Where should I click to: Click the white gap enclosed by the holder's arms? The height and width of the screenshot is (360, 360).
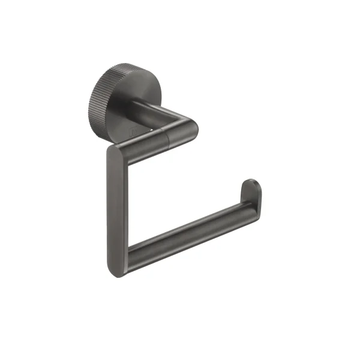(x=180, y=186)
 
